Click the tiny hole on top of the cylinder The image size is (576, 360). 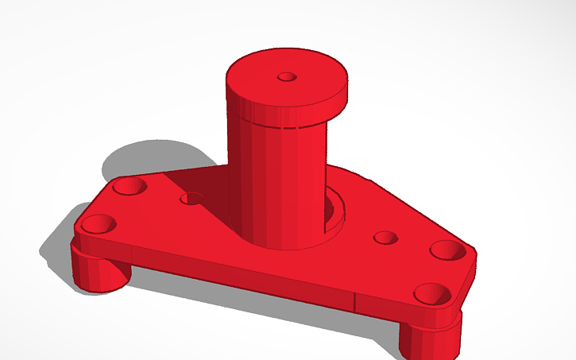[287, 78]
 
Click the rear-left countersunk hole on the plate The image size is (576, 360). [128, 188]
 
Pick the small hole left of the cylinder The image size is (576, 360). [191, 198]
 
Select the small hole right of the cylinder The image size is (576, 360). [385, 238]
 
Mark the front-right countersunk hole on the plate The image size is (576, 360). [431, 295]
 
